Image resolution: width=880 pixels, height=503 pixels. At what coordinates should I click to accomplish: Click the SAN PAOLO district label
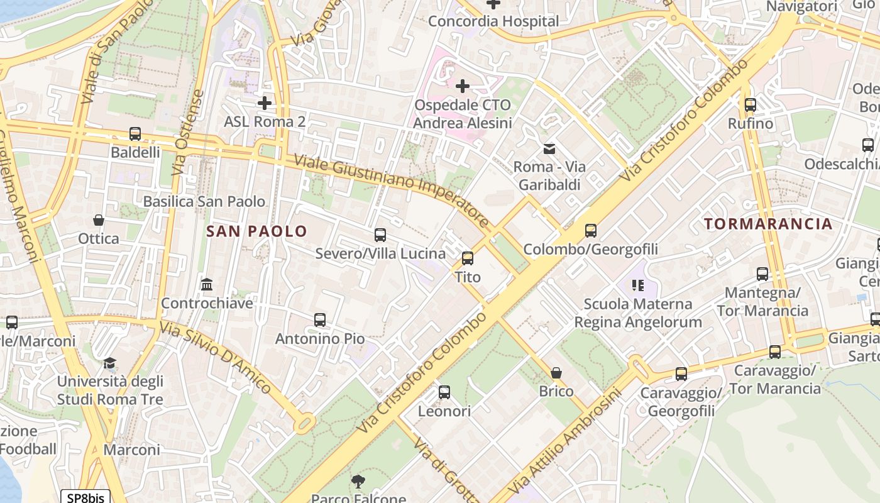[x=256, y=231]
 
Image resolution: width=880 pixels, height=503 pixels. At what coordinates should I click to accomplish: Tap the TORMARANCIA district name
[x=767, y=224]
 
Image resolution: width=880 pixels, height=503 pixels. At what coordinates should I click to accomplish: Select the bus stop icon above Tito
[x=467, y=258]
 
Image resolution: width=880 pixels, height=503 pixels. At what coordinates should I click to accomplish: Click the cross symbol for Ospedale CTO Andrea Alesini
[x=463, y=86]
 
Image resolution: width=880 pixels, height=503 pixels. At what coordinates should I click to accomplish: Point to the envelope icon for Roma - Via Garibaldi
[x=549, y=149]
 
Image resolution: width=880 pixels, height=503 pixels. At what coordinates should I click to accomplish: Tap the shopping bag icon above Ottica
[x=99, y=220]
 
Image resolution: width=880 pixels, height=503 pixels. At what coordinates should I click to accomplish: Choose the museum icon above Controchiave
[x=207, y=285]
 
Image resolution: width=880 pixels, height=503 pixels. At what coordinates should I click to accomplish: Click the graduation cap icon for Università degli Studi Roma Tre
[x=110, y=363]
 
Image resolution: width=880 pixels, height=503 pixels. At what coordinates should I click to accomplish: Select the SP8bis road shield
[x=85, y=497]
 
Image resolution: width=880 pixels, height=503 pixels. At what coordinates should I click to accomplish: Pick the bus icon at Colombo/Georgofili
[x=590, y=231]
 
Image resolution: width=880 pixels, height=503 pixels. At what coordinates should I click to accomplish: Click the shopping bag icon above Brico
[x=556, y=373]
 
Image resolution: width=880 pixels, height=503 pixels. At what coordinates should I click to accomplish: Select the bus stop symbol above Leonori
[x=444, y=392]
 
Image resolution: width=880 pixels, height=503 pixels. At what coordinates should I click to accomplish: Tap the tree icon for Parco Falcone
[x=358, y=482]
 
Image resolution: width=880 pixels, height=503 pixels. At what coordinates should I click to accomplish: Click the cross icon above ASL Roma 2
[x=265, y=102]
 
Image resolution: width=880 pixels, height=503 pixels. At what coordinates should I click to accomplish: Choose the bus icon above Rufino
[x=750, y=105]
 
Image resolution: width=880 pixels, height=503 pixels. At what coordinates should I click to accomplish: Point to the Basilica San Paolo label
[x=204, y=202]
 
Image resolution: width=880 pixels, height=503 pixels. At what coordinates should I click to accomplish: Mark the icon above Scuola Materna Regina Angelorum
[x=638, y=285]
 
